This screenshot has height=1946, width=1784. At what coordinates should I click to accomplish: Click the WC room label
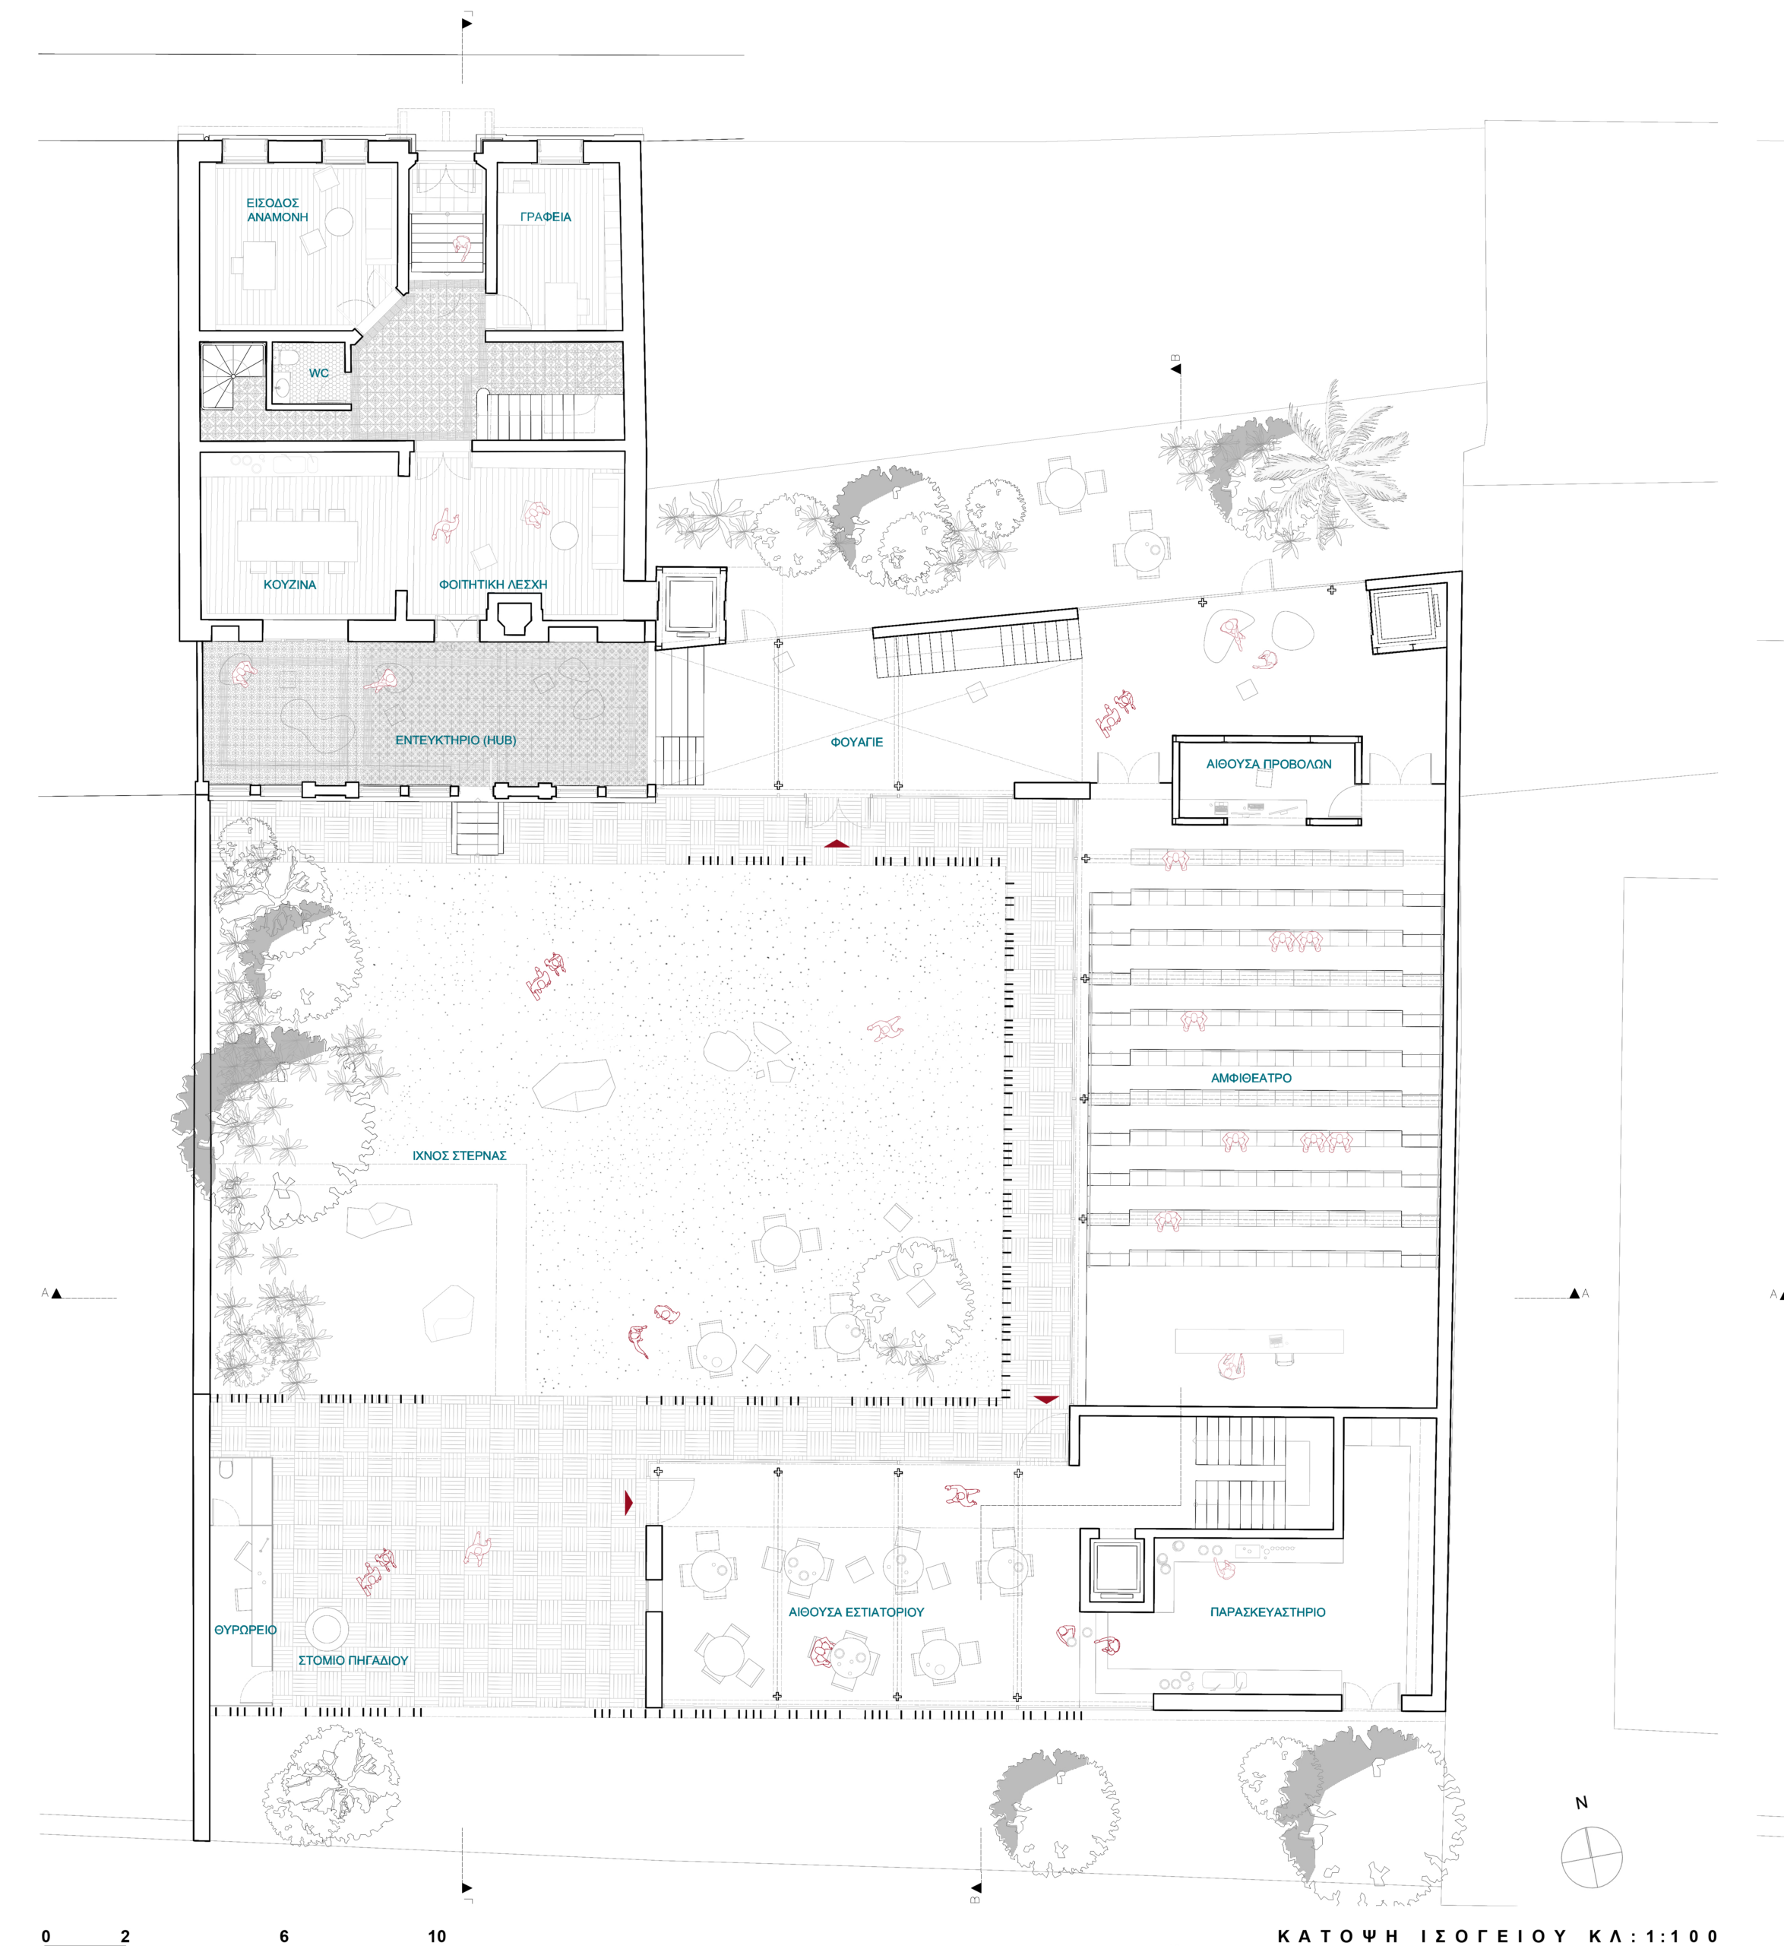318,372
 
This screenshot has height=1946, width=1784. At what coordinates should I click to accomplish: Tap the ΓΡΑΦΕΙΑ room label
546,217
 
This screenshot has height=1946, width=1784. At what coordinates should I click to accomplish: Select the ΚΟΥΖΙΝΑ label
289,585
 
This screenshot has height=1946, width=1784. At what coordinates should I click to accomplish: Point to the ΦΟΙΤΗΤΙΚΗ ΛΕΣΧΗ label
493,585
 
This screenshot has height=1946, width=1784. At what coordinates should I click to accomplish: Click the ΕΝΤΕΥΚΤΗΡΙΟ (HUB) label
456,740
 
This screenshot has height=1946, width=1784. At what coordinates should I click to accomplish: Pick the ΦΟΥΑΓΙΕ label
856,742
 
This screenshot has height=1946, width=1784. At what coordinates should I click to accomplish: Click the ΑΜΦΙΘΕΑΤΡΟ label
1251,1078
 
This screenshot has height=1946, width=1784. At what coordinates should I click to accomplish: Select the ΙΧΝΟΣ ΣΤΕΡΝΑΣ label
460,1155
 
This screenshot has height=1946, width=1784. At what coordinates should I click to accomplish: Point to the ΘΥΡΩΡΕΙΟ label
245,1629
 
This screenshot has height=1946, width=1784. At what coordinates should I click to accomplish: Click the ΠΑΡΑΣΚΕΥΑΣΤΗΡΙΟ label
1267,1612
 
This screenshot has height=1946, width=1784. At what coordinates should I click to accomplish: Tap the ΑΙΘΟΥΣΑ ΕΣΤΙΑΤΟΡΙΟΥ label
856,1612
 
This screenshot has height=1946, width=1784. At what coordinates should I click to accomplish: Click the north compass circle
1591,1857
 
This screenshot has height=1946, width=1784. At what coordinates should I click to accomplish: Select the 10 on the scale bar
438,1935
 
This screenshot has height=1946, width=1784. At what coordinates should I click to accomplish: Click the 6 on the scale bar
284,1935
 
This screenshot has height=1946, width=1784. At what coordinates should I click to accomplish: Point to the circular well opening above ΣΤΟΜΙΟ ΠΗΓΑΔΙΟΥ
326,1628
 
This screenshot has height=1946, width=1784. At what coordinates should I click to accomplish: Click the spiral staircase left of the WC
232,376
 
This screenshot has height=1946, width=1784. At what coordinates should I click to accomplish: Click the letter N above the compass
1581,1802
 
